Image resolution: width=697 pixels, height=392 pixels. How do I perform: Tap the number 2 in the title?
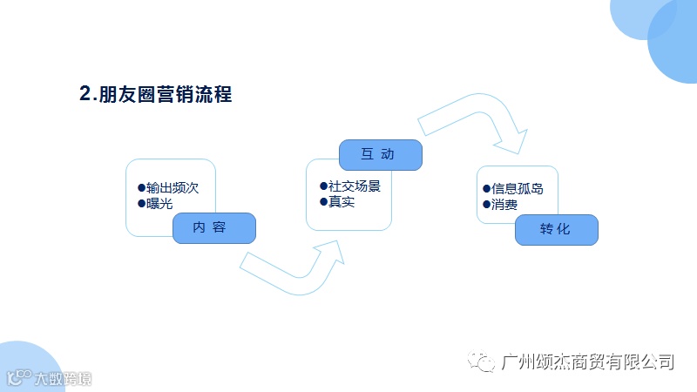pos(85,95)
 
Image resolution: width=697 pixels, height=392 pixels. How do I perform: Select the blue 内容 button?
pos(213,227)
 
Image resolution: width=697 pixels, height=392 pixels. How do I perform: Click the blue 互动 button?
pos(380,154)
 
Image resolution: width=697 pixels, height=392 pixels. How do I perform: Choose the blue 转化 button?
pos(556,229)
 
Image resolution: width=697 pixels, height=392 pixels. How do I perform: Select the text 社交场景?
pos(355,186)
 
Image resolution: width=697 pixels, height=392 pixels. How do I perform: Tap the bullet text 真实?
pos(342,202)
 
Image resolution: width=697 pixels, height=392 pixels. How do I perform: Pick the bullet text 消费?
pos(504,206)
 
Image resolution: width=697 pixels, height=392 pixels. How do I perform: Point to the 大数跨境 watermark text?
pos(62,379)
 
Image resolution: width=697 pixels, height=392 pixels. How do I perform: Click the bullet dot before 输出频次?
pos(141,187)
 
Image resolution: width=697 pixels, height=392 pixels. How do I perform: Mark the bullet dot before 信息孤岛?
pos(486,188)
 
